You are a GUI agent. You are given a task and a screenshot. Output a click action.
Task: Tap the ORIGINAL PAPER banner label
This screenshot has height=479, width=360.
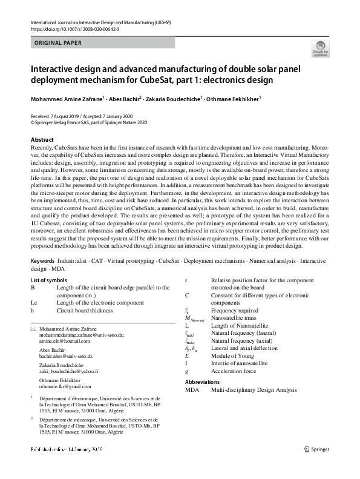(56, 43)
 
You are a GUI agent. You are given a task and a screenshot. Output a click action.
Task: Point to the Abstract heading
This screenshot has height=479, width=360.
(42, 140)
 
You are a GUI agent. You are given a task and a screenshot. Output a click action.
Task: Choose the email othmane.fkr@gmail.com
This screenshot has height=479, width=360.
(65, 386)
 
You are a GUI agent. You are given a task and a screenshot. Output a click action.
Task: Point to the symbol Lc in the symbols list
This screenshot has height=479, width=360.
(34, 302)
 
